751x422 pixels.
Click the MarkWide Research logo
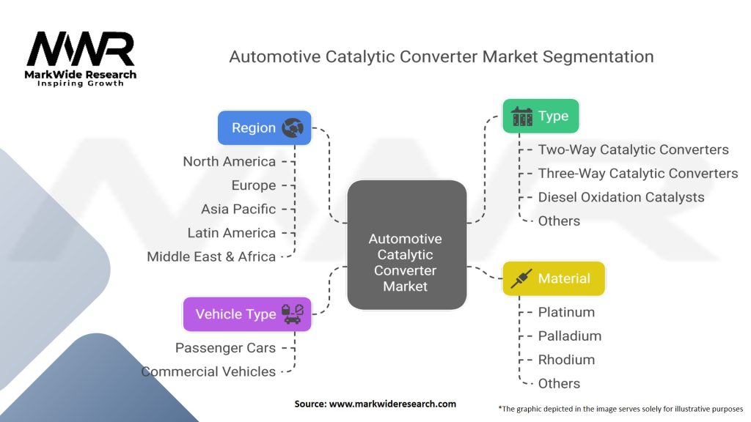click(x=81, y=59)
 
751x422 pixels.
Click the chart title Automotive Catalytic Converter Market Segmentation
click(x=442, y=56)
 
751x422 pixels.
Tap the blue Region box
click(x=265, y=127)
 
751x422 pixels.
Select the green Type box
click(x=541, y=116)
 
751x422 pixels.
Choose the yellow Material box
click(x=554, y=278)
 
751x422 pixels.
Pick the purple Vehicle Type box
click(x=247, y=314)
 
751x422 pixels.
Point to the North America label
click(x=230, y=161)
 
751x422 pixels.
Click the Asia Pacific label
click(x=238, y=209)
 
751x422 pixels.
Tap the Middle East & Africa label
click(x=211, y=256)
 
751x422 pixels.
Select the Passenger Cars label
click(x=225, y=348)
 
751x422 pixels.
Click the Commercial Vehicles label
click(x=209, y=371)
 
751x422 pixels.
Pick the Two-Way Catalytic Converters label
click(x=633, y=149)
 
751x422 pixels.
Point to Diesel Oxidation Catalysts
click(x=620, y=197)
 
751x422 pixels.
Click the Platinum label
click(x=566, y=312)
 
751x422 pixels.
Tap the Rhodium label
click(x=566, y=360)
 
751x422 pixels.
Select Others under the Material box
click(x=559, y=383)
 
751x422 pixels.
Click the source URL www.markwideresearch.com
click(x=375, y=404)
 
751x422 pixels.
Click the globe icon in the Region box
click(x=291, y=127)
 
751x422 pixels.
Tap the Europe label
click(x=254, y=185)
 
